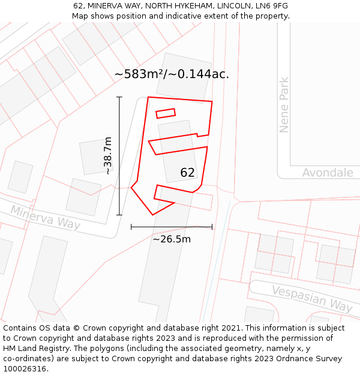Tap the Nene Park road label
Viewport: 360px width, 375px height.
[284, 105]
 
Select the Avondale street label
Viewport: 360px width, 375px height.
[327, 173]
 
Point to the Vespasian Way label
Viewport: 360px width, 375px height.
[311, 298]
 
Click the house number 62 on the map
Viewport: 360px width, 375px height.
[187, 173]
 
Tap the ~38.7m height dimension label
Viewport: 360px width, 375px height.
[108, 155]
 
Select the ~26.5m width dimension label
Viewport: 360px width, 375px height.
[172, 239]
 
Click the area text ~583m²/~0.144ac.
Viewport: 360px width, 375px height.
[172, 74]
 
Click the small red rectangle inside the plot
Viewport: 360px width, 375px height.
[166, 113]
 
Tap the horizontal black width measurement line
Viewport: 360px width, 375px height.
[172, 227]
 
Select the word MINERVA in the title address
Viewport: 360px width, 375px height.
[106, 6]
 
